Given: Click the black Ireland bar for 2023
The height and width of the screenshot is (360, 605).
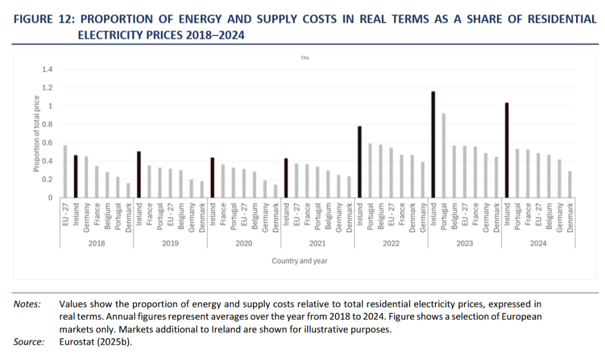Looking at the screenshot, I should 433,145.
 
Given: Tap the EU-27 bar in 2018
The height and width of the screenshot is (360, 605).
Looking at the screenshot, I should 65,171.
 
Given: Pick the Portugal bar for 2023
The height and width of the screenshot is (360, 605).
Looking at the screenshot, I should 444,155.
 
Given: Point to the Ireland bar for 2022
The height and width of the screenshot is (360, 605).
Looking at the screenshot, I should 359,162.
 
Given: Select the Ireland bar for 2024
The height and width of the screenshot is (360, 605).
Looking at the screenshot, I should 507,150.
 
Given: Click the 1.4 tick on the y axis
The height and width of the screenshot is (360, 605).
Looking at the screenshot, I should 47,70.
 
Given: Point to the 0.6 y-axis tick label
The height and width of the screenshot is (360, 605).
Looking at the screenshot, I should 47,143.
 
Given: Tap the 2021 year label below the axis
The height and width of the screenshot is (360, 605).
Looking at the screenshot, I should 317,244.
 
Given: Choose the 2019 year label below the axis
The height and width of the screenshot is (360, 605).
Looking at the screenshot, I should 170,244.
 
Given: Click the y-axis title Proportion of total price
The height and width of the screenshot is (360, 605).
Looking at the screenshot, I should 36,134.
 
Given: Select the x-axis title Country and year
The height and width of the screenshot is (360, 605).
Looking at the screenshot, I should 300,261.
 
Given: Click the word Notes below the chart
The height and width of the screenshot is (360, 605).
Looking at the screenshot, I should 27,304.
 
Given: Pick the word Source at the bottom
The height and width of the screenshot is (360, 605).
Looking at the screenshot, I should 28,342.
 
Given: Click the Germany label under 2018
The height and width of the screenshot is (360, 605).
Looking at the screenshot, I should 86,216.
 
